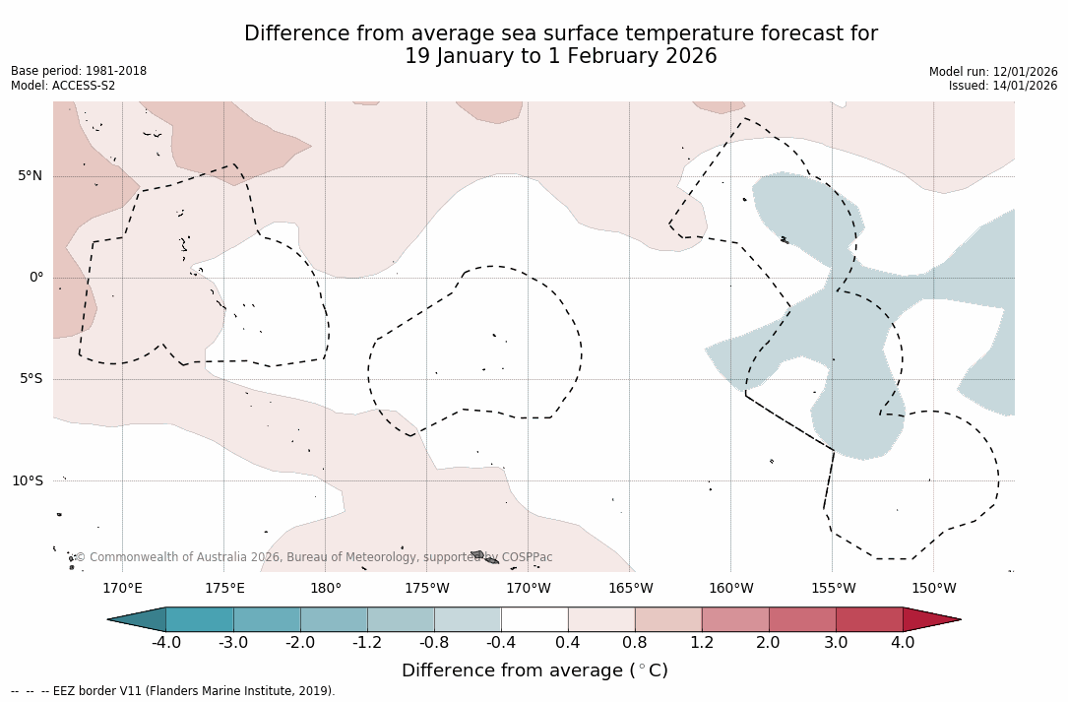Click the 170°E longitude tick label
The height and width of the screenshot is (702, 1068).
(x=123, y=589)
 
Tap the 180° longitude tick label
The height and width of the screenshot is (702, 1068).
(x=326, y=589)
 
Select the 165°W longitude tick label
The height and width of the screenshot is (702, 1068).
(x=630, y=589)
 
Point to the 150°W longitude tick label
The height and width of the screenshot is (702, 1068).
(x=933, y=589)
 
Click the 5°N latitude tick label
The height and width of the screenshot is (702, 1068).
(x=30, y=176)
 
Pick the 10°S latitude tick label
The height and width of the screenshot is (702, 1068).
(x=27, y=481)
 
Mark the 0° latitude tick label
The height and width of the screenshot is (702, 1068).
(x=36, y=278)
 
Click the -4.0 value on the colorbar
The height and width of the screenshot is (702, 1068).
(x=166, y=643)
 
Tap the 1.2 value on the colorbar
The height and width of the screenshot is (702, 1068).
(x=702, y=643)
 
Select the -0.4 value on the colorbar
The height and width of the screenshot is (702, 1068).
(x=501, y=643)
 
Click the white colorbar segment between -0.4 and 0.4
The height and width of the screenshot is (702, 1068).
(x=534, y=619)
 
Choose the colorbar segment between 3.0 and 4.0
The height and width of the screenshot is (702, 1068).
(x=869, y=619)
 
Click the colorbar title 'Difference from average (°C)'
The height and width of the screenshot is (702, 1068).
(x=534, y=670)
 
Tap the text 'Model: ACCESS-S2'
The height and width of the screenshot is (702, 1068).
(x=63, y=86)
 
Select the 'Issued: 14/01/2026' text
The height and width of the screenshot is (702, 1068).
(x=1003, y=86)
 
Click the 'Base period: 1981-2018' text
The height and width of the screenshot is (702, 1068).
(x=79, y=71)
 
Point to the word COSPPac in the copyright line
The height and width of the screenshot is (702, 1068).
(x=527, y=557)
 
